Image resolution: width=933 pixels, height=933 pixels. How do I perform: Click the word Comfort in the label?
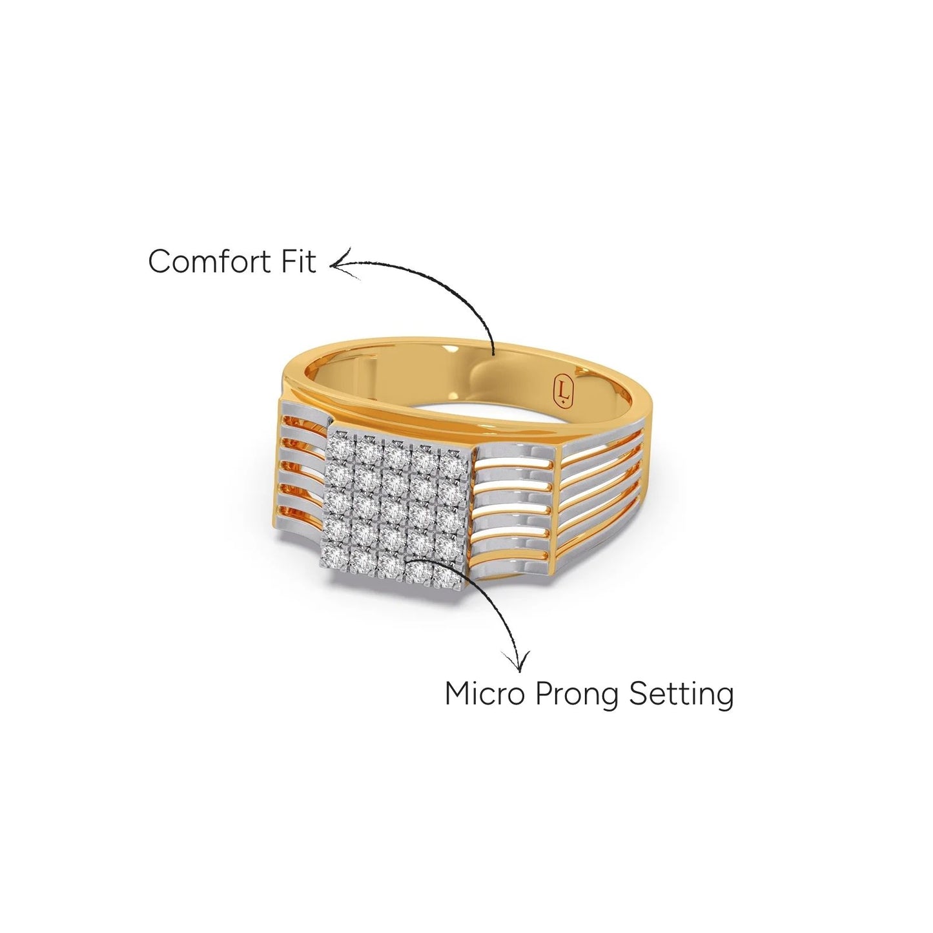tap(209, 261)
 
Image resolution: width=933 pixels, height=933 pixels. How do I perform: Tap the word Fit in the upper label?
tap(297, 261)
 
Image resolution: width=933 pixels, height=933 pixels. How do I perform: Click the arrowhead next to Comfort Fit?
tap(342, 264)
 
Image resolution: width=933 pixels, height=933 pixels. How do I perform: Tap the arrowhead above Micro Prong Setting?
tap(517, 661)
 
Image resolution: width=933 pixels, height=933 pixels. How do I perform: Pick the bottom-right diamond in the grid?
tap(446, 576)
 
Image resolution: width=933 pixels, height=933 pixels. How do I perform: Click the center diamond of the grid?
tap(394, 506)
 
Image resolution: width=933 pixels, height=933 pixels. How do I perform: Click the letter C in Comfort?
tap(160, 262)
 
